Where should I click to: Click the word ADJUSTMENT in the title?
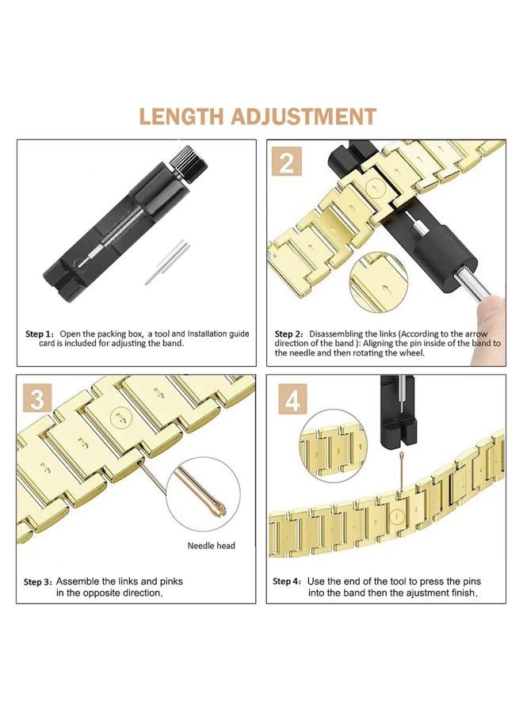pyautogui.click(x=304, y=116)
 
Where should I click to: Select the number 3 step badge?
pyautogui.click(x=36, y=399)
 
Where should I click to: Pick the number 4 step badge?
pyautogui.click(x=292, y=400)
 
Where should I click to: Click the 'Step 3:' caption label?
pyautogui.click(x=37, y=581)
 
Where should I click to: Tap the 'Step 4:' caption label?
pyautogui.click(x=287, y=581)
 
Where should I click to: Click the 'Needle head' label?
pyautogui.click(x=211, y=546)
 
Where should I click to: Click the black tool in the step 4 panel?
pyautogui.click(x=399, y=412)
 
